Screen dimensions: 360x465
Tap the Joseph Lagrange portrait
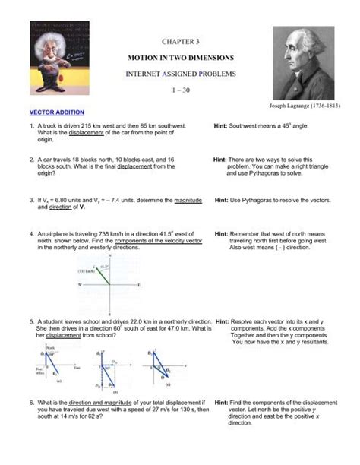coord(304,62)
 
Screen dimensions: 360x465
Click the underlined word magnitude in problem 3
coord(188,201)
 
